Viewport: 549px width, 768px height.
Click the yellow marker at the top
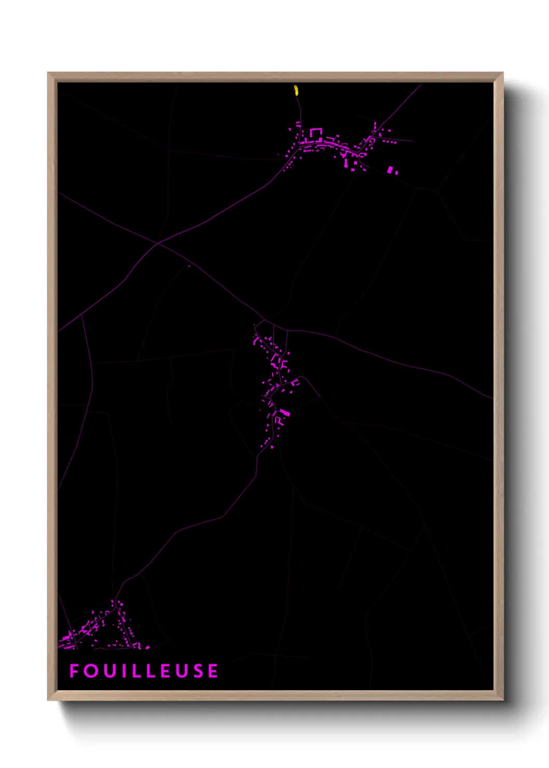click(296, 90)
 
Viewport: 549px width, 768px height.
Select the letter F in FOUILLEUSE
click(74, 671)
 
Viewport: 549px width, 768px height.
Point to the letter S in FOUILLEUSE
click(197, 671)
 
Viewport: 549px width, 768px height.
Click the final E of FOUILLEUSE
click(213, 671)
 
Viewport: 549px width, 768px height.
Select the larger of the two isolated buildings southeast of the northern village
click(390, 170)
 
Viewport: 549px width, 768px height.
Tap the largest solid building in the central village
click(284, 413)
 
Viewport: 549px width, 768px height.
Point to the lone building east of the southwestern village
click(147, 647)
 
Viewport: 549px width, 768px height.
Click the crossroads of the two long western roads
click(157, 243)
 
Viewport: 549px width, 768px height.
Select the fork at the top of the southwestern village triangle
click(116, 598)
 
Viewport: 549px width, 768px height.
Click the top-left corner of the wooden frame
click(48, 73)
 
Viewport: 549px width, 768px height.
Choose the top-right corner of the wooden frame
click(503, 73)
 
